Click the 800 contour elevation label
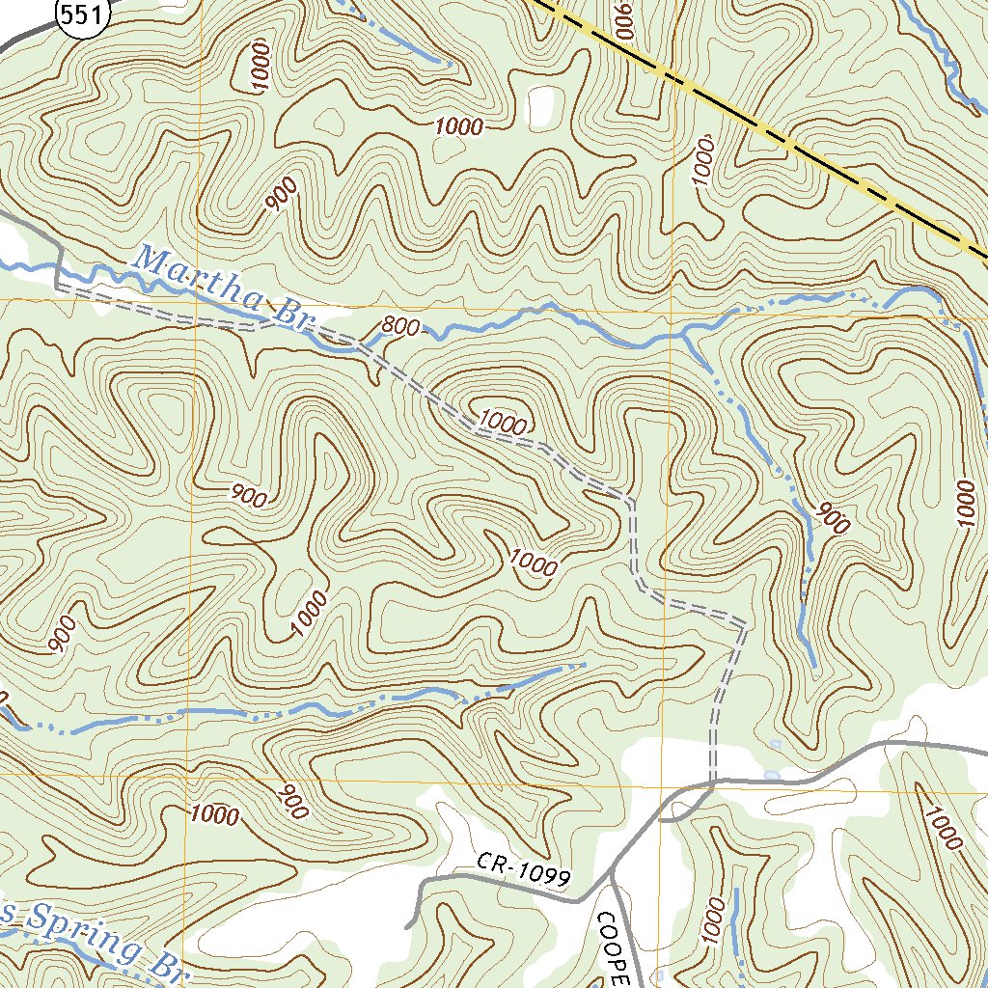pos(399,327)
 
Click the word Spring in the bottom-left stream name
pos(81,931)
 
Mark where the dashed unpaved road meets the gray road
pos(712,783)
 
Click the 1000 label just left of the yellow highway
pos(703,160)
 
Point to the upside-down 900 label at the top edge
pos(622,14)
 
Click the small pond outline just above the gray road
pos(770,774)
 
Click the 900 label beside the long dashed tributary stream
pos(832,519)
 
